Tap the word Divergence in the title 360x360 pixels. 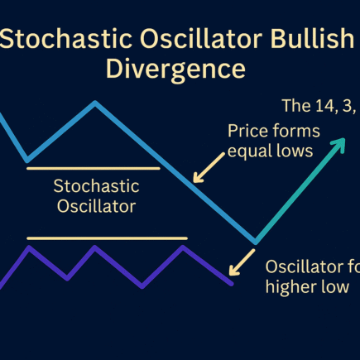[175, 67]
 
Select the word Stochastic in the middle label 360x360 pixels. [94, 185]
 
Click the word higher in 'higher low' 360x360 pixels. [289, 286]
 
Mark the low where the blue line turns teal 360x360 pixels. [256, 242]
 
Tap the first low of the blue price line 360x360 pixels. [27, 159]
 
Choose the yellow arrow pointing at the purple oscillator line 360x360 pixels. [244, 262]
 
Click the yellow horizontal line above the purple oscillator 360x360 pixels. [108, 238]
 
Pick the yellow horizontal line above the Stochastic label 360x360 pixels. [93, 168]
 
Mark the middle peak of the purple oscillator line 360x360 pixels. [105, 247]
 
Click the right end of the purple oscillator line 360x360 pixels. [232, 283]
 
